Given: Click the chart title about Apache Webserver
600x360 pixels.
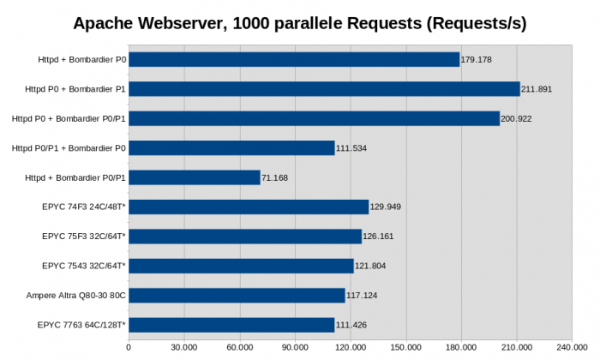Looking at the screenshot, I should pos(299,23).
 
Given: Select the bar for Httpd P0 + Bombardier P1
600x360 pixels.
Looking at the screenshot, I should pos(324,89).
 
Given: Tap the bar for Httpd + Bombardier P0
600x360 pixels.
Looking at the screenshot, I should pos(294,59).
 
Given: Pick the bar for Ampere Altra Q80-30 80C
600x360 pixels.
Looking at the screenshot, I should pos(237,295).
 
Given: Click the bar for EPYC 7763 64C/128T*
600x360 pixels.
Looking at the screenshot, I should pos(231,324).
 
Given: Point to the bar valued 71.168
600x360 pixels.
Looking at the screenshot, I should pos(194,177).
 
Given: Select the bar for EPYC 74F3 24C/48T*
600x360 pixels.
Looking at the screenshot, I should pos(249,207).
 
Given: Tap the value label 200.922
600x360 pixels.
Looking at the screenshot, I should pos(518,118).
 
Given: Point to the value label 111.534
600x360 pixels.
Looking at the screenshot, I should pos(353,148).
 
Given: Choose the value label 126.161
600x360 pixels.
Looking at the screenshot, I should pos(380,237).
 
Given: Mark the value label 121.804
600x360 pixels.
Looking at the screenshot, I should pos(372,266).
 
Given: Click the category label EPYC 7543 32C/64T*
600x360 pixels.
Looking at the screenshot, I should pos(84,266).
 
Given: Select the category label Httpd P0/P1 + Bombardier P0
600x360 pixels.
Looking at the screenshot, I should pos(69,148).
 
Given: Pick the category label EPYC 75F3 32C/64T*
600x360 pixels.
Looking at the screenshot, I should pos(84,237).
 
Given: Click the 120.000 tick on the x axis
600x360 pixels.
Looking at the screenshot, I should pos(350,347).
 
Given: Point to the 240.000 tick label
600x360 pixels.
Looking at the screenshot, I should pos(571,347).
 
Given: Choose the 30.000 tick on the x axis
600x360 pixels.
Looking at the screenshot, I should pos(183,347).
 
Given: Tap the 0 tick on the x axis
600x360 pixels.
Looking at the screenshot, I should pos(129,347).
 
